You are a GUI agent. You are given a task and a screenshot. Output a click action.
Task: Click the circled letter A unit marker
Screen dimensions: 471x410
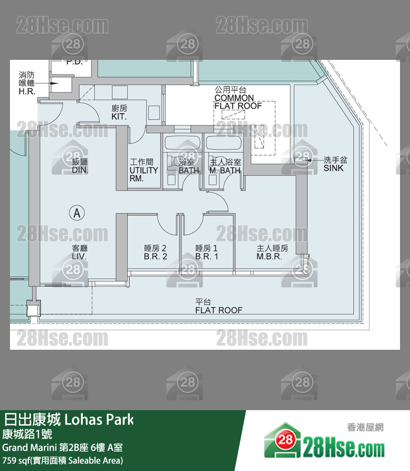[x=76, y=213]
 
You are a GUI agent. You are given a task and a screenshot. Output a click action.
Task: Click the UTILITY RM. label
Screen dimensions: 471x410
[x=144, y=170]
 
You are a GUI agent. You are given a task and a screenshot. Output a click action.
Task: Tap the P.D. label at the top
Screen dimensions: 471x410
[x=74, y=62]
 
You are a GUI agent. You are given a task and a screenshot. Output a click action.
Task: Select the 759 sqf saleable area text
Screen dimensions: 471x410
[x=62, y=460]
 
